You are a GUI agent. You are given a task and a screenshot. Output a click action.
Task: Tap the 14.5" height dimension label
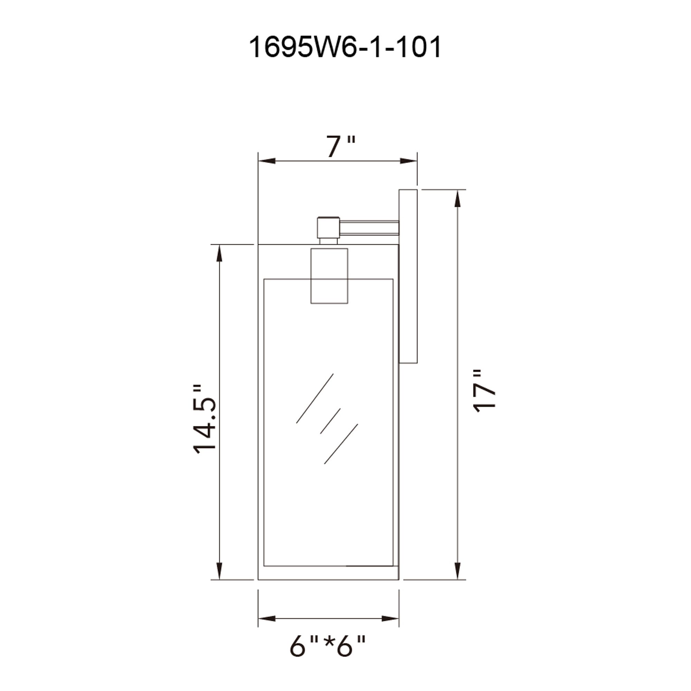click(x=205, y=419)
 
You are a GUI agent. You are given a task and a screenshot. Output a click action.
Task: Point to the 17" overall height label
click(x=485, y=392)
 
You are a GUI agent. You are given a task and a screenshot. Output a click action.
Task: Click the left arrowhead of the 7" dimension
click(x=266, y=161)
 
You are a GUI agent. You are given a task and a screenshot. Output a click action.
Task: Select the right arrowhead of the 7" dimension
click(x=408, y=161)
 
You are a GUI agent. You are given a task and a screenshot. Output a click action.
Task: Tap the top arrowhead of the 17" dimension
click(x=457, y=199)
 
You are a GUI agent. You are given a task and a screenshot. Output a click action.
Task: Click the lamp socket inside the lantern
click(x=329, y=276)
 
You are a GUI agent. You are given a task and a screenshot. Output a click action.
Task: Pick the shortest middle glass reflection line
click(x=330, y=421)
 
